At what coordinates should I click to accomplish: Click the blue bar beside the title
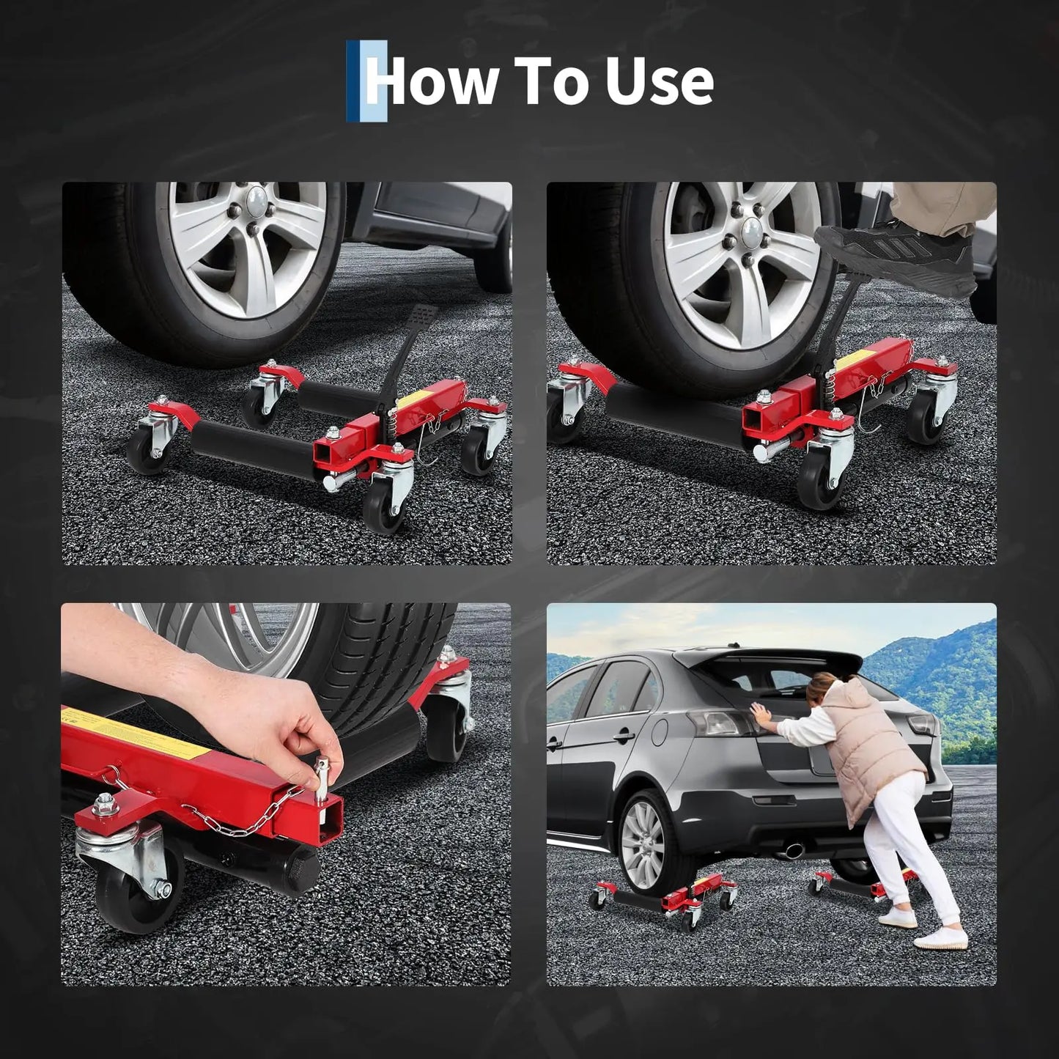(x=353, y=81)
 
